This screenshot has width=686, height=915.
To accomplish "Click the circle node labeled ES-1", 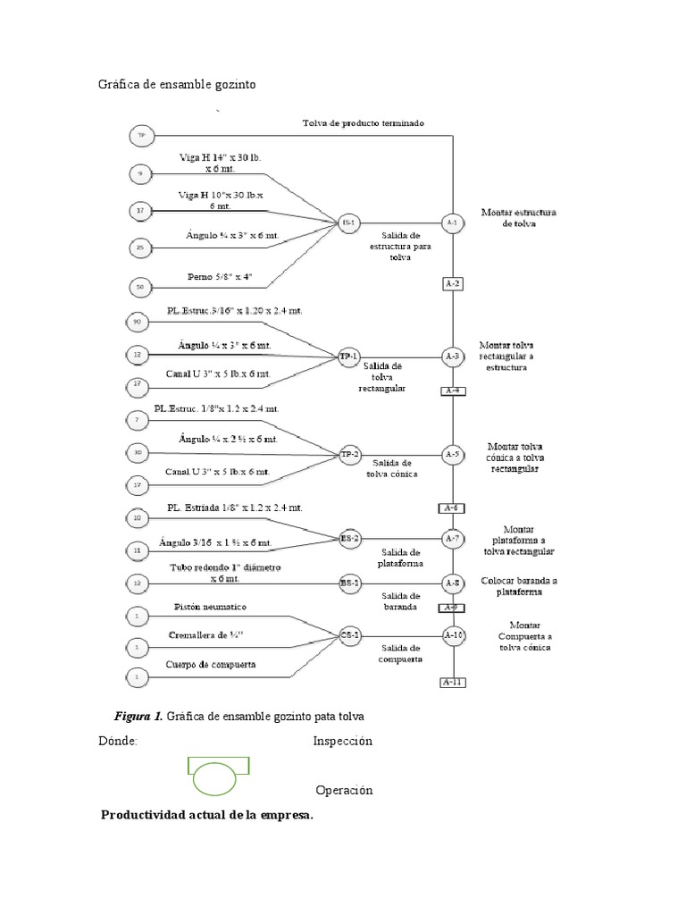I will tap(348, 222).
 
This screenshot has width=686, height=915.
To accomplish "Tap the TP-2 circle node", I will tap(348, 455).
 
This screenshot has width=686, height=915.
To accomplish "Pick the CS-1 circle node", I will tap(349, 636).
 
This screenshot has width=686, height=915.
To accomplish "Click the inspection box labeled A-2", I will tap(453, 284).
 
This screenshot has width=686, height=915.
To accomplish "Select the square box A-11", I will tap(453, 684).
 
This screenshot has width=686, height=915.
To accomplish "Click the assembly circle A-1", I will tap(453, 222).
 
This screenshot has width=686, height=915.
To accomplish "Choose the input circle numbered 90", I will tap(138, 321).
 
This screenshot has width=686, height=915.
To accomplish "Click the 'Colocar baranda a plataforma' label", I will tap(519, 586).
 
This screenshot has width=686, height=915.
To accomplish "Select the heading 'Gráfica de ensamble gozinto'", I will tap(176, 84).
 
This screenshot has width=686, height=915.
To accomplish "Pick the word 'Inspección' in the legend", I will tap(342, 741).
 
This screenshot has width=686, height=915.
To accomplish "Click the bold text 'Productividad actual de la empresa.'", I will tap(206, 815).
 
